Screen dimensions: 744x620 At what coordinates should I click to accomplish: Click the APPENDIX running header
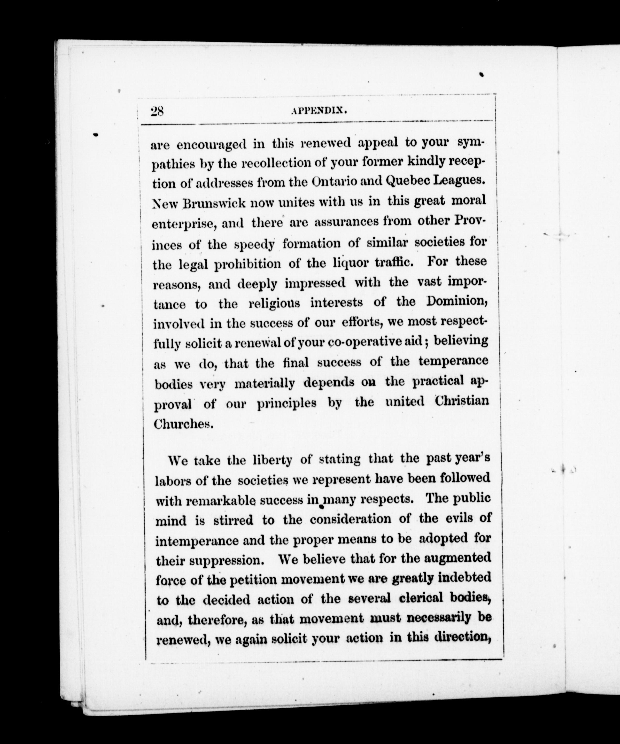[319, 111]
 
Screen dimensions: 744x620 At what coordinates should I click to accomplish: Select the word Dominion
[457, 301]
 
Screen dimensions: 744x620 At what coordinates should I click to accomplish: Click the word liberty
[273, 460]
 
